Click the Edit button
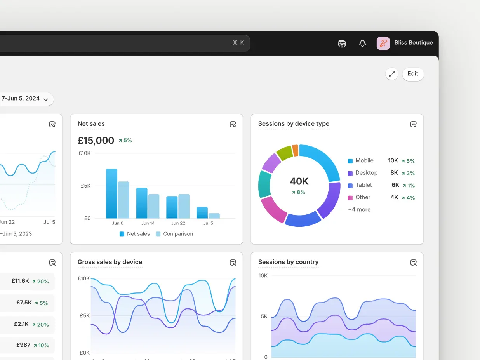413,74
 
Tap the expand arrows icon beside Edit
392,74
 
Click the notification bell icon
362,43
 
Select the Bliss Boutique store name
413,43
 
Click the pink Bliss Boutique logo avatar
383,43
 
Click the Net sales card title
91,124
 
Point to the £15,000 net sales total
96,141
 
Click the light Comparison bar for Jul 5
214,216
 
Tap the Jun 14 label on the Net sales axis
148,223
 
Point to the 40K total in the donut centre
299,181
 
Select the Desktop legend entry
366,173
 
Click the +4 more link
359,210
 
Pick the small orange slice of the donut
295,150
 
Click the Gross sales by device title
110,262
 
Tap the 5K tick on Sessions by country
264,317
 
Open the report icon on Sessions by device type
414,124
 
